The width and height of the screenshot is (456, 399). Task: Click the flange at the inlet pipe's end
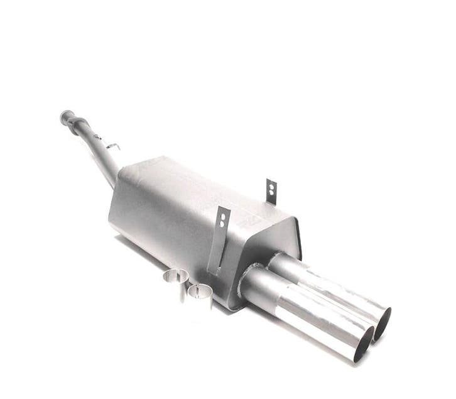point(67,117)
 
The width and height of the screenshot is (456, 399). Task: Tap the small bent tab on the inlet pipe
point(113,146)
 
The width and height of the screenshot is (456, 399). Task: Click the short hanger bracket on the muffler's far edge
point(271,191)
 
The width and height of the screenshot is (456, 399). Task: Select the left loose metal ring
point(176,278)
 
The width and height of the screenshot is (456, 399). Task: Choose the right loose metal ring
point(200,293)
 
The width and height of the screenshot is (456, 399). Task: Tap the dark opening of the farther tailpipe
point(383,323)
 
